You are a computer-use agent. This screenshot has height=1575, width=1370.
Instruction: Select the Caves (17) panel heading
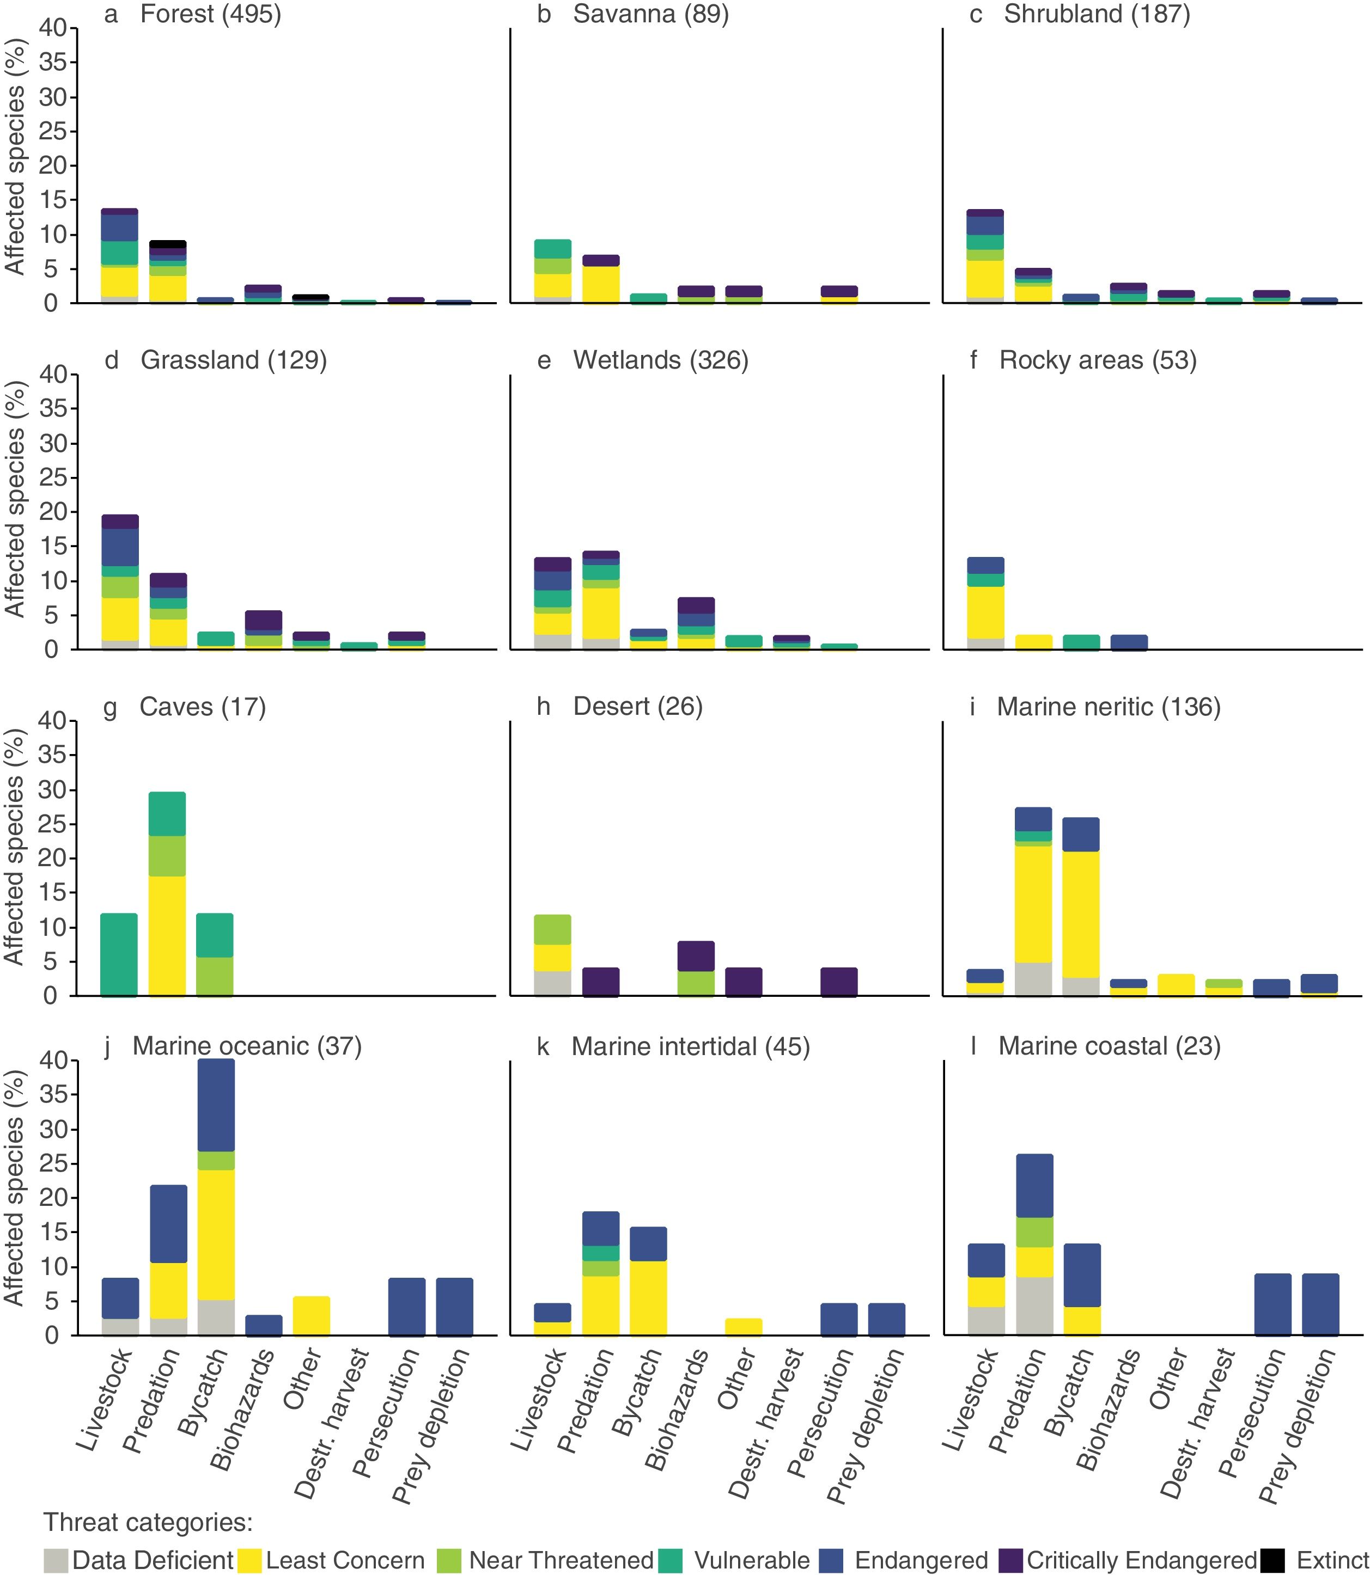203,707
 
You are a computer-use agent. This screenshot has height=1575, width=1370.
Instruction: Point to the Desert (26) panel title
637,707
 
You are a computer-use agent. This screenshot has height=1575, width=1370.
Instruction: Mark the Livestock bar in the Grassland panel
120,583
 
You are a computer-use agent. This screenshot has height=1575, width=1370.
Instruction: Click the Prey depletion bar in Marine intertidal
887,1319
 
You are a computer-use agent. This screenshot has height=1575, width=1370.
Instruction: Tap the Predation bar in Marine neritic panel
1033,902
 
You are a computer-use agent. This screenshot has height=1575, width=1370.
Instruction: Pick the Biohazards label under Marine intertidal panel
676,1410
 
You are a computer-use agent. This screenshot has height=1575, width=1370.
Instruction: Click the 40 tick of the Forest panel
53,28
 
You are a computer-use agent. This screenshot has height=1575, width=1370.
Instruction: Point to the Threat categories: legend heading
148,1522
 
